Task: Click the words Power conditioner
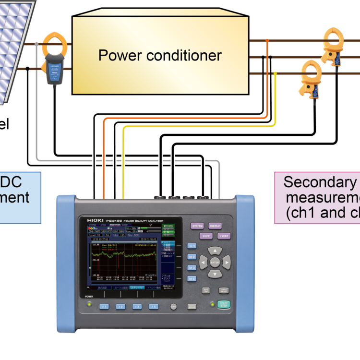[x=160, y=55]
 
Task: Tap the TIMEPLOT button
[x=215, y=226]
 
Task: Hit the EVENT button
[x=224, y=236]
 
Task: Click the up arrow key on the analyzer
[x=215, y=251]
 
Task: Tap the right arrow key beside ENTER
[x=226, y=262]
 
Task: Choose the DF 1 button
[x=192, y=246]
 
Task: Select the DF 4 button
[x=192, y=279]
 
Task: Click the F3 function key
[x=137, y=306]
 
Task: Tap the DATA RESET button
[x=224, y=290]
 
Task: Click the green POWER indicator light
[x=89, y=302]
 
